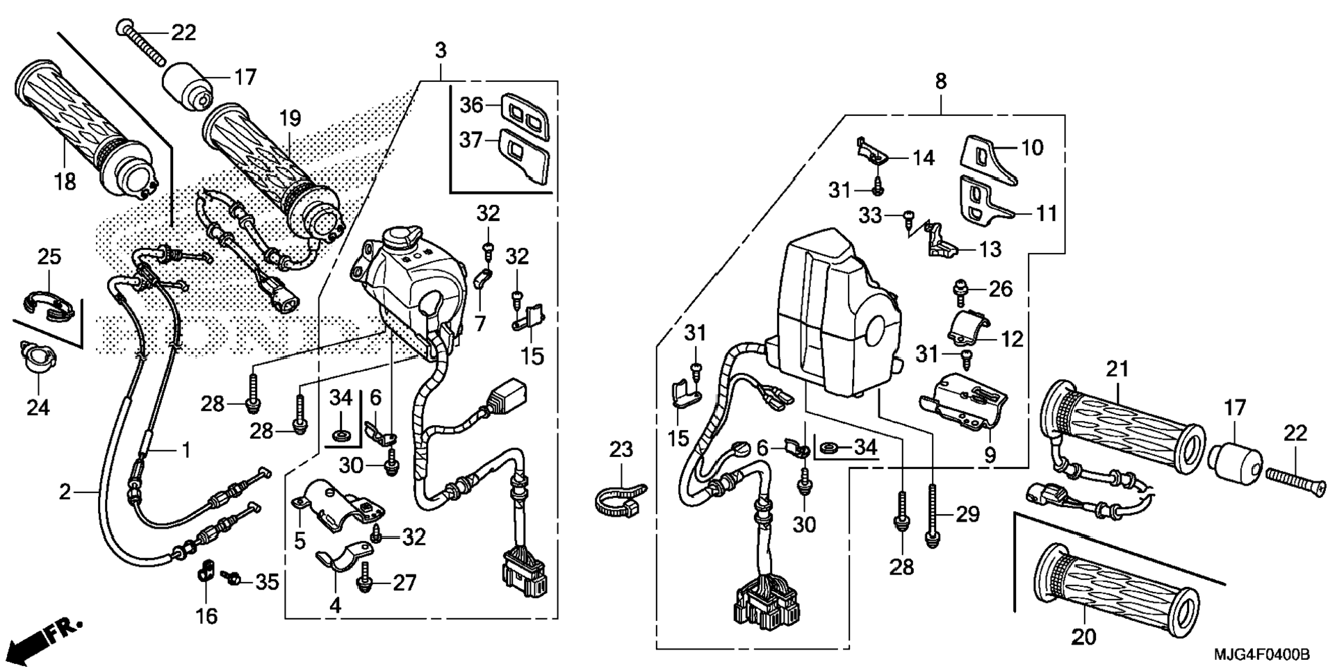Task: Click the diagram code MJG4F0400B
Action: [1261, 655]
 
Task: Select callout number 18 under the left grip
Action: [65, 182]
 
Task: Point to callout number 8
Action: [940, 81]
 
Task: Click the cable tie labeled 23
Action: [620, 498]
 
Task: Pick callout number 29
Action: [968, 515]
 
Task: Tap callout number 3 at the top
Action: [441, 51]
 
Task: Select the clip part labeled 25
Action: [49, 306]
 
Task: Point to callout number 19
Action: [290, 118]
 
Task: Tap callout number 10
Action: [1032, 147]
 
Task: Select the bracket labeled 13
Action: [944, 240]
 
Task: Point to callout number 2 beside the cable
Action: [65, 492]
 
